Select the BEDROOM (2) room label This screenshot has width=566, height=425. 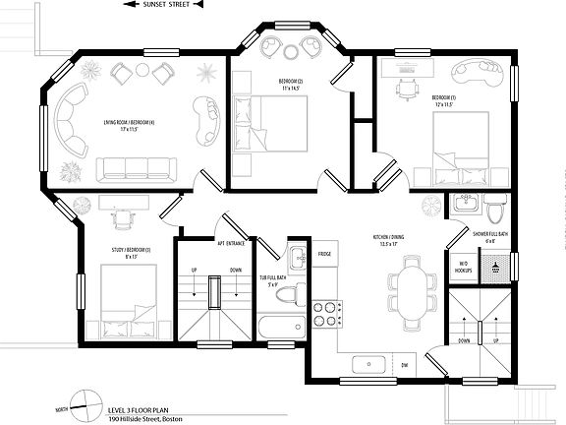point(288,85)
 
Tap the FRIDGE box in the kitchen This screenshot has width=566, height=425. point(324,254)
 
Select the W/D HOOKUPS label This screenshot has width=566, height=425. point(463,266)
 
